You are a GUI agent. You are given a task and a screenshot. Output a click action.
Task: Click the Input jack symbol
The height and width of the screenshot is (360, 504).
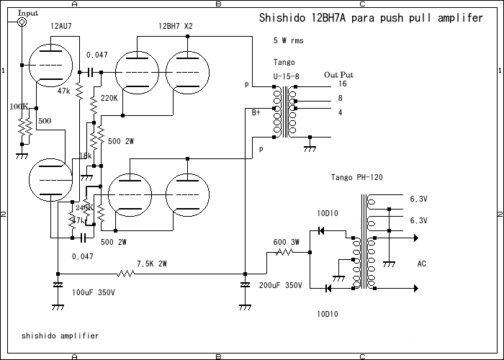(22, 23)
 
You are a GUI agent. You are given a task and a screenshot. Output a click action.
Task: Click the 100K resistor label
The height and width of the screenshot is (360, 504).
(19, 107)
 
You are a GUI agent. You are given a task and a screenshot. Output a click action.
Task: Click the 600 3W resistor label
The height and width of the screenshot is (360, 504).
(287, 242)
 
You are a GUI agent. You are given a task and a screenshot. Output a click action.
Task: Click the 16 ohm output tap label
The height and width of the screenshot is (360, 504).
(343, 84)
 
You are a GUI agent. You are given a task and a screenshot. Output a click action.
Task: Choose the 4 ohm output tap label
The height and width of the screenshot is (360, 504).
(340, 112)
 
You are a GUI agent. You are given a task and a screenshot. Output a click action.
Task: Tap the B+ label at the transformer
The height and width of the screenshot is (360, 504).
(257, 112)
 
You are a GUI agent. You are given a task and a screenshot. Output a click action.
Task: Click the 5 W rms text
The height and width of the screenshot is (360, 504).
(289, 41)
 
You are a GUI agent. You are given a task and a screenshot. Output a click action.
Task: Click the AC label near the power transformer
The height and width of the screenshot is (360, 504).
(422, 264)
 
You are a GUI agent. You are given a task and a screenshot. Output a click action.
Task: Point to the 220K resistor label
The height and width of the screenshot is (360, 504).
(109, 97)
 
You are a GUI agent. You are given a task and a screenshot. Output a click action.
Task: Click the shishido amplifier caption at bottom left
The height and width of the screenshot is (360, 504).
(60, 336)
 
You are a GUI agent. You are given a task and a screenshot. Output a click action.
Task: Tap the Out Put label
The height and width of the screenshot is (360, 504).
(339, 74)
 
